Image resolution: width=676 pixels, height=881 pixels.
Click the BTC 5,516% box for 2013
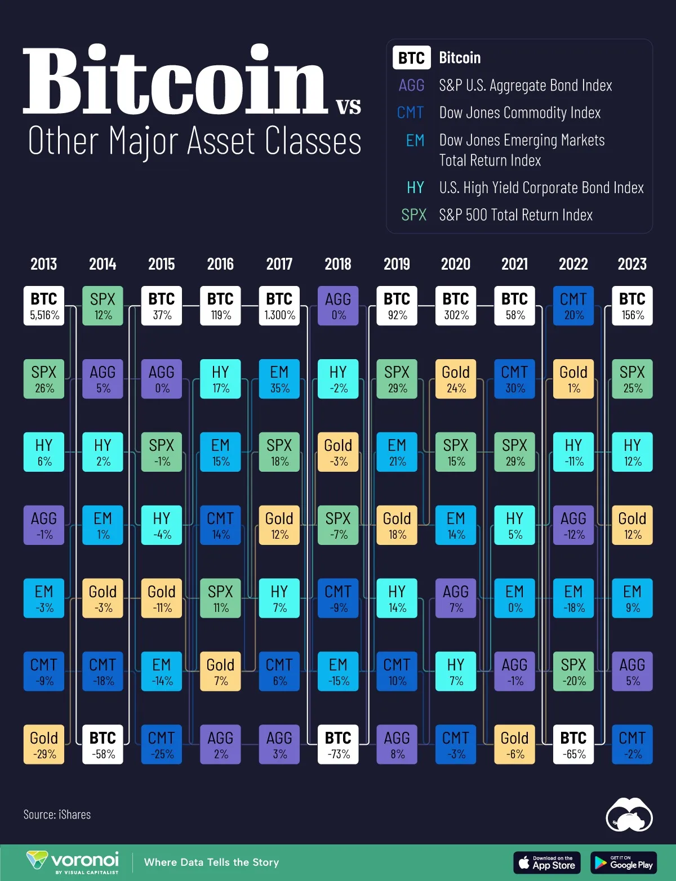(44, 306)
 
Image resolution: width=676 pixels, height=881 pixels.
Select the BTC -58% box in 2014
(103, 744)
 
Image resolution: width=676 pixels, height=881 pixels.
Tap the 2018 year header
(338, 264)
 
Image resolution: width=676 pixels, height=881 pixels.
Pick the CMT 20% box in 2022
(573, 306)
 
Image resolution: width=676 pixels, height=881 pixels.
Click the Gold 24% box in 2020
(456, 379)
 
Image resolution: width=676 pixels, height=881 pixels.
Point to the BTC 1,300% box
(279, 306)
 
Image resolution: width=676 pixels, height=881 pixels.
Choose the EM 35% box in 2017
(279, 379)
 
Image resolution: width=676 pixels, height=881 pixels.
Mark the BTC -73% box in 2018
(338, 744)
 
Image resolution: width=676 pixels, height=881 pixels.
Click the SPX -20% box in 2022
(573, 671)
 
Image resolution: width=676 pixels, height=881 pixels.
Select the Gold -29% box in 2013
(44, 744)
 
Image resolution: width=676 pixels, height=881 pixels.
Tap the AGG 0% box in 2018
(338, 306)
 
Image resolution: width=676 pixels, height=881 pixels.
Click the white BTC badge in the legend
(412, 58)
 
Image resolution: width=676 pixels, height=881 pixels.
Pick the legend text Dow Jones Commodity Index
(519, 113)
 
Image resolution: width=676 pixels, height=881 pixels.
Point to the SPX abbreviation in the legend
(414, 215)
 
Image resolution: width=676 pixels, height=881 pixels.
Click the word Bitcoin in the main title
(175, 82)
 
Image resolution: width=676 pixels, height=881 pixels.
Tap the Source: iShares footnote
(57, 815)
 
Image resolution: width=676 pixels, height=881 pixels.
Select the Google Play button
(624, 862)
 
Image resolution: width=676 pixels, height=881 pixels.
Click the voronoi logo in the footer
(73, 862)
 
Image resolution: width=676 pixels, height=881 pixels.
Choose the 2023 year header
(632, 264)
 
